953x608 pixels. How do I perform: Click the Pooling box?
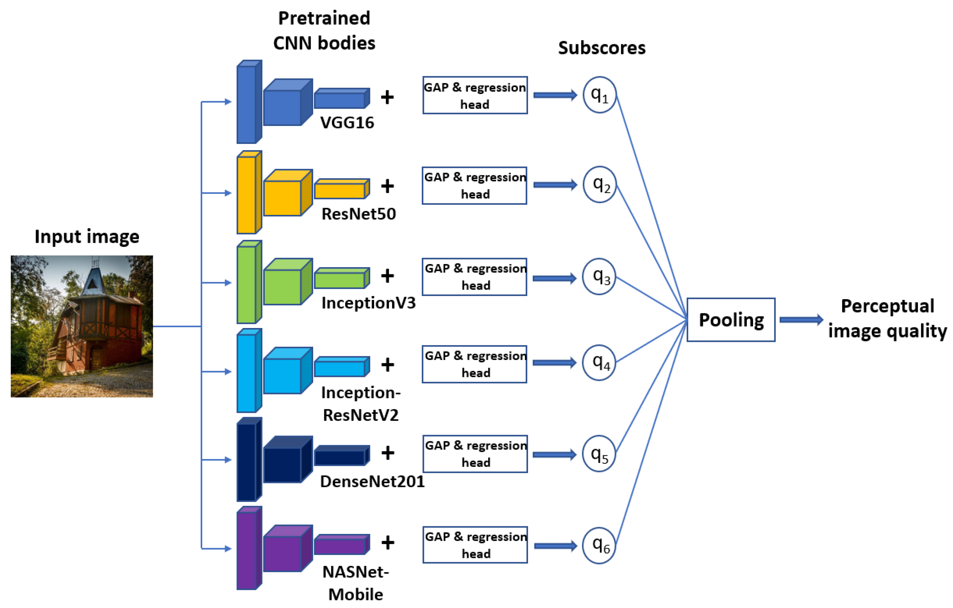point(730,319)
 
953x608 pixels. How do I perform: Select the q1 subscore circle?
point(599,95)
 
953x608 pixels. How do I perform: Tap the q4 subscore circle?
point(599,362)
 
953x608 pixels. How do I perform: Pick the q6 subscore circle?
point(599,545)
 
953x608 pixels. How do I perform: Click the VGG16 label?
point(347,123)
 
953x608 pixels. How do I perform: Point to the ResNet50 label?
point(358,214)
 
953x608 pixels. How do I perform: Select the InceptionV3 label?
point(368,303)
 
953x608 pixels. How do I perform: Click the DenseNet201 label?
point(372,481)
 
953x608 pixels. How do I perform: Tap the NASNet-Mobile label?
point(355,583)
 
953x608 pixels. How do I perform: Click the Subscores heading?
point(602,48)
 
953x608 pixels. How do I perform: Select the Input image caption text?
point(87,237)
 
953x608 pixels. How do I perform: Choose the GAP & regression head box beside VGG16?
point(474,95)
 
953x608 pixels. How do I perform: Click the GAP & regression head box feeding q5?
point(475,454)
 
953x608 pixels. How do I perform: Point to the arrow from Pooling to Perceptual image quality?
point(801,319)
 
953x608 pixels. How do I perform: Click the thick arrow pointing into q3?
point(554,278)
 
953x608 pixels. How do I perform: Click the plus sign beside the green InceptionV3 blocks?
point(387,276)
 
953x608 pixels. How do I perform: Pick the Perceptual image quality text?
point(887,319)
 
